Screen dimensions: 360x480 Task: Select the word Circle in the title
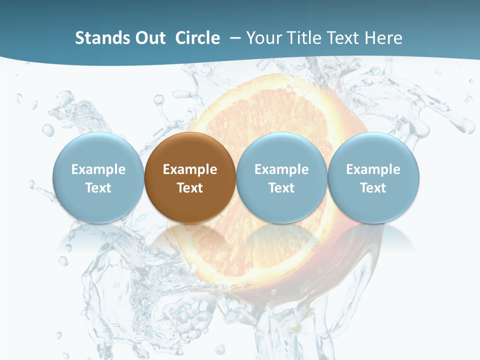197,38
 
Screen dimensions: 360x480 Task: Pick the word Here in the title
383,38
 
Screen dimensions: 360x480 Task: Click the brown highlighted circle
190,177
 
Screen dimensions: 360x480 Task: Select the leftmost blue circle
98,177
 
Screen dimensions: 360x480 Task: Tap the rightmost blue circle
373,177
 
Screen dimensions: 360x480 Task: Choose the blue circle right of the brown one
281,177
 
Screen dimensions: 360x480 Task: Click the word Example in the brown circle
190,169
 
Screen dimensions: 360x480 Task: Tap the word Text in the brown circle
190,188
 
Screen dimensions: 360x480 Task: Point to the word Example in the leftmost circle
98,169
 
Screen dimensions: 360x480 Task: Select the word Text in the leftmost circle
98,188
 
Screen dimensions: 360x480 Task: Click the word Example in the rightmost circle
373,169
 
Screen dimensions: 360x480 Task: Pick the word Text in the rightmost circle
373,188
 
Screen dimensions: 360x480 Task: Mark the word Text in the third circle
281,188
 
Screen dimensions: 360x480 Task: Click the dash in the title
235,38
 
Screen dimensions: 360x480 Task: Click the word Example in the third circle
281,169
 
